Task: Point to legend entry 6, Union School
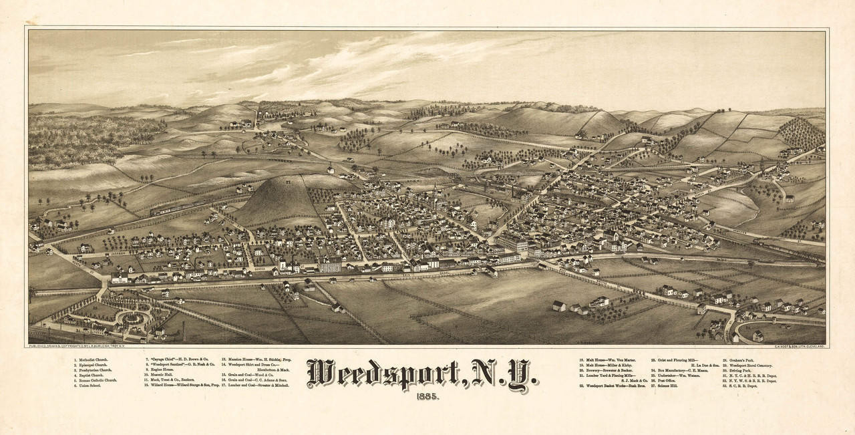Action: coord(87,386)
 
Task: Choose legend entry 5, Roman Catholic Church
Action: coord(95,381)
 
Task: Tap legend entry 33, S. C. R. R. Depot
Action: coord(740,386)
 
